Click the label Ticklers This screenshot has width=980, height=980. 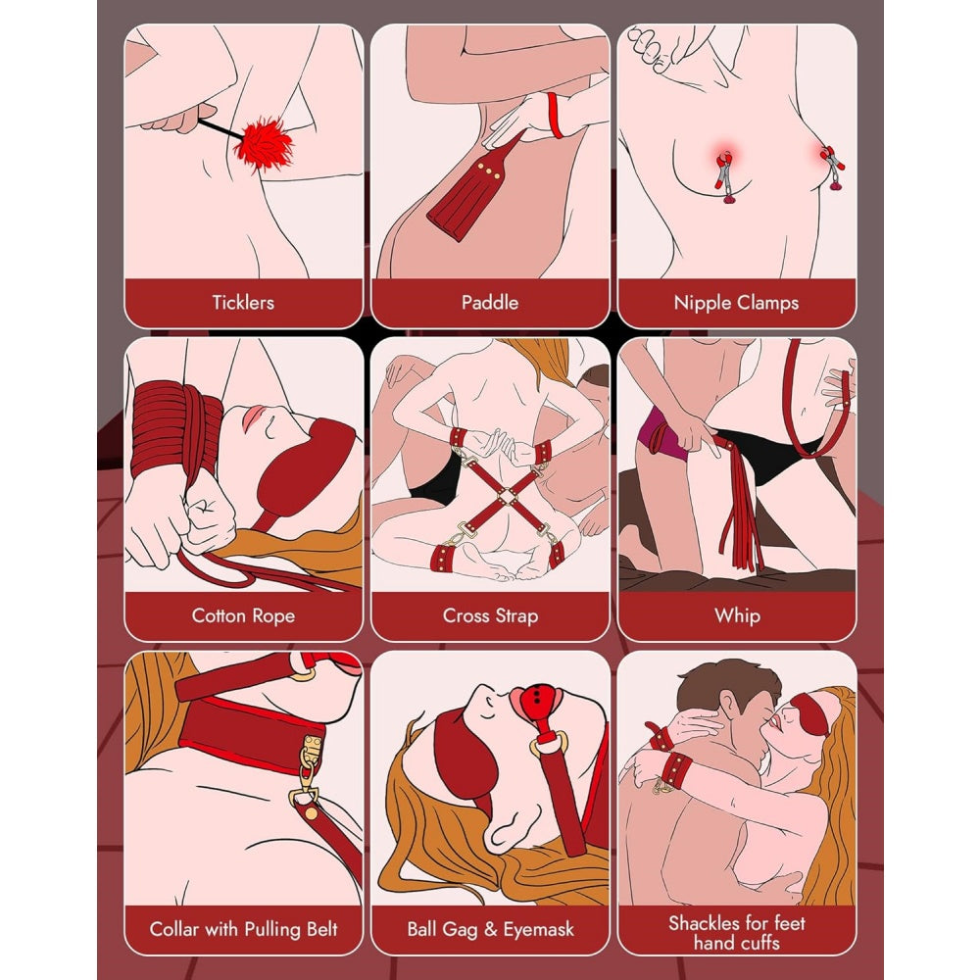[243, 302]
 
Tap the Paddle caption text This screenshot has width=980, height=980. [490, 302]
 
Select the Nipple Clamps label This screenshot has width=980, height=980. [736, 302]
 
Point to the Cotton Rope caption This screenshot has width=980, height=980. [243, 615]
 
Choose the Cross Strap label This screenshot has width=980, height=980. [490, 615]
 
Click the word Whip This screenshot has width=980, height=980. [736, 615]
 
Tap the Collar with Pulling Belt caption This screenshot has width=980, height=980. [243, 929]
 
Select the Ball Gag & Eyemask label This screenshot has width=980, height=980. [490, 929]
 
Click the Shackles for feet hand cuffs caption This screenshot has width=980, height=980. [736, 931]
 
